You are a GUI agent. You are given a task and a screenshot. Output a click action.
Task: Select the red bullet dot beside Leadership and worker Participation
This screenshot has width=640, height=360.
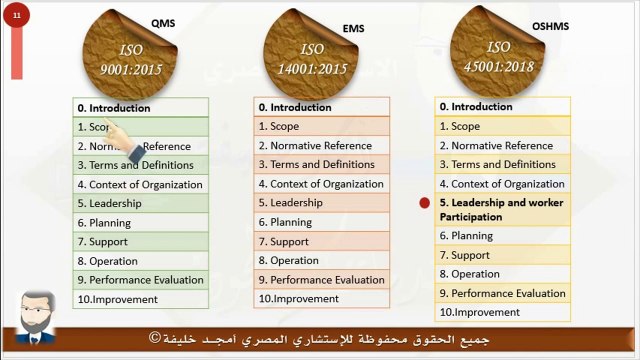click(424, 203)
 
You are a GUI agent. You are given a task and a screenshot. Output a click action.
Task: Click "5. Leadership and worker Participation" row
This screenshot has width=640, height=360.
click(503, 210)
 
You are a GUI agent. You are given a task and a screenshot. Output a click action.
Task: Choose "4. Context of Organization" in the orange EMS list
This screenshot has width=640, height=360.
click(321, 184)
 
